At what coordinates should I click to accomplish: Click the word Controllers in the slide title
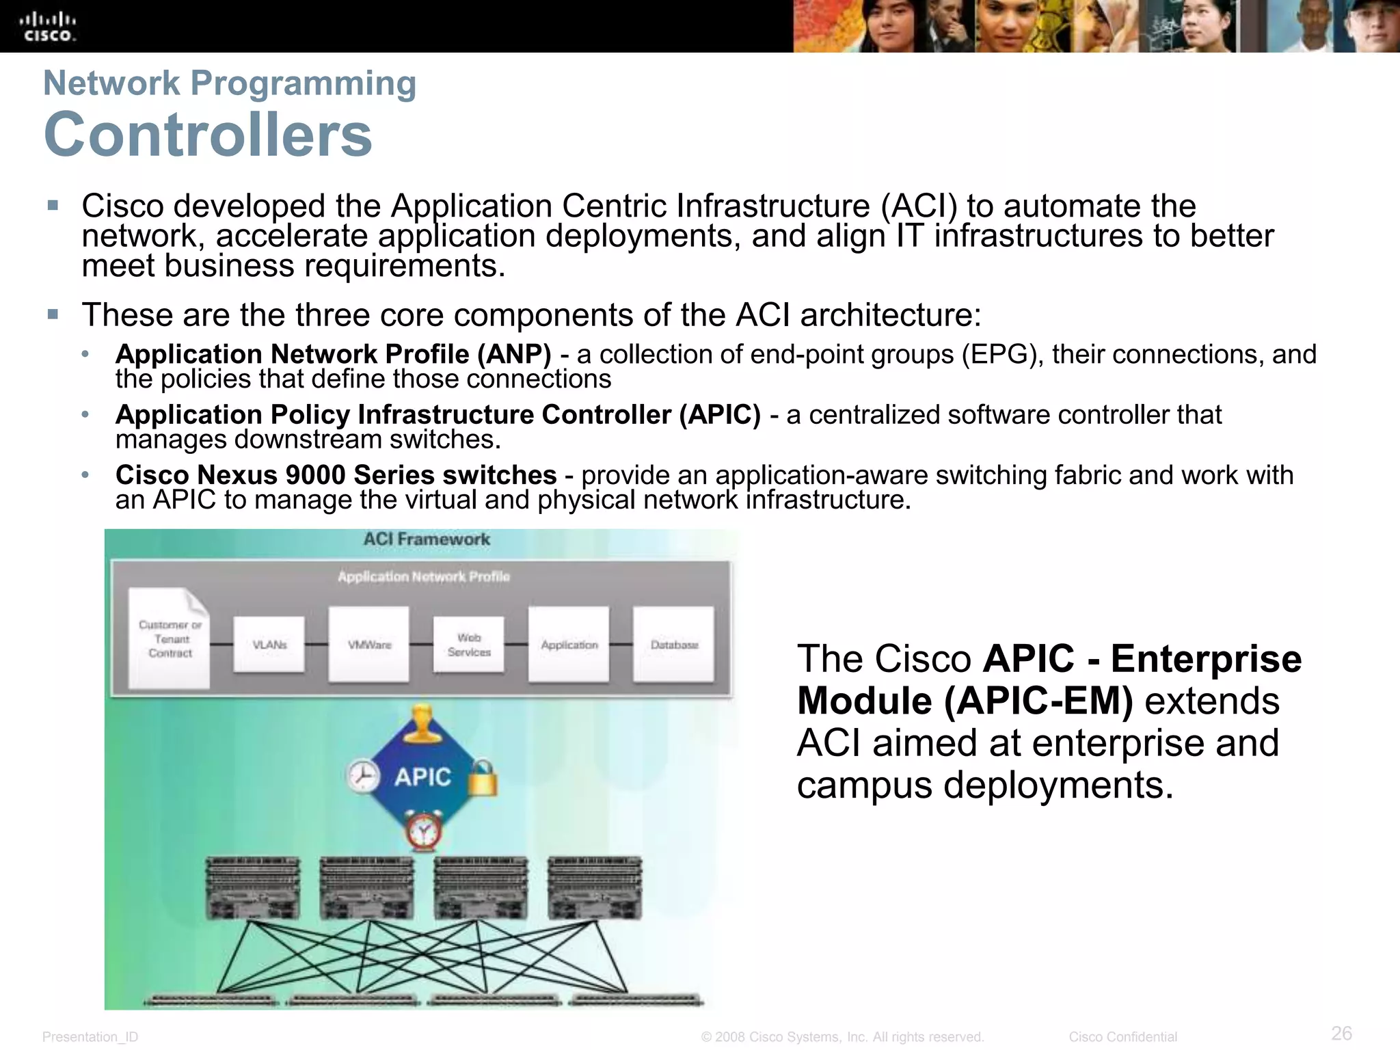coord(208,134)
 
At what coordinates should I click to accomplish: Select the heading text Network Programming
coord(230,83)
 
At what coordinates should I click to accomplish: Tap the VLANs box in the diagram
coord(269,645)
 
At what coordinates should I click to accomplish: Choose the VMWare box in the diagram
coord(369,645)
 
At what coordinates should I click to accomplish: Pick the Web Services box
coord(469,645)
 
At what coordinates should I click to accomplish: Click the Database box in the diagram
coord(674,645)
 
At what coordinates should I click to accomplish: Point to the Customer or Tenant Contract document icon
coord(170,638)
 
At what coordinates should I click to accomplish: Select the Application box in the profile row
coord(569,645)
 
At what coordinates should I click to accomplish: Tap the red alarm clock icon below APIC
coord(424,831)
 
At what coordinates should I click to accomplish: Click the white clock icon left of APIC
coord(363,777)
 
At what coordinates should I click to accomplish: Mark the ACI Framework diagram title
coord(427,539)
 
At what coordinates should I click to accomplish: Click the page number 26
coord(1341,1033)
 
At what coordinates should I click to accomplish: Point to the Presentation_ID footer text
coord(90,1037)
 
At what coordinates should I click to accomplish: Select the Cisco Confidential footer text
coord(1122,1037)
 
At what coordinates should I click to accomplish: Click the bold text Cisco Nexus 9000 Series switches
coord(336,475)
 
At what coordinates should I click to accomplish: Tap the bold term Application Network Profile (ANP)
coord(333,354)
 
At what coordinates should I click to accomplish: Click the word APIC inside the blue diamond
coord(423,777)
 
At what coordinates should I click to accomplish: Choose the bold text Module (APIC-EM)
coord(965,701)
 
